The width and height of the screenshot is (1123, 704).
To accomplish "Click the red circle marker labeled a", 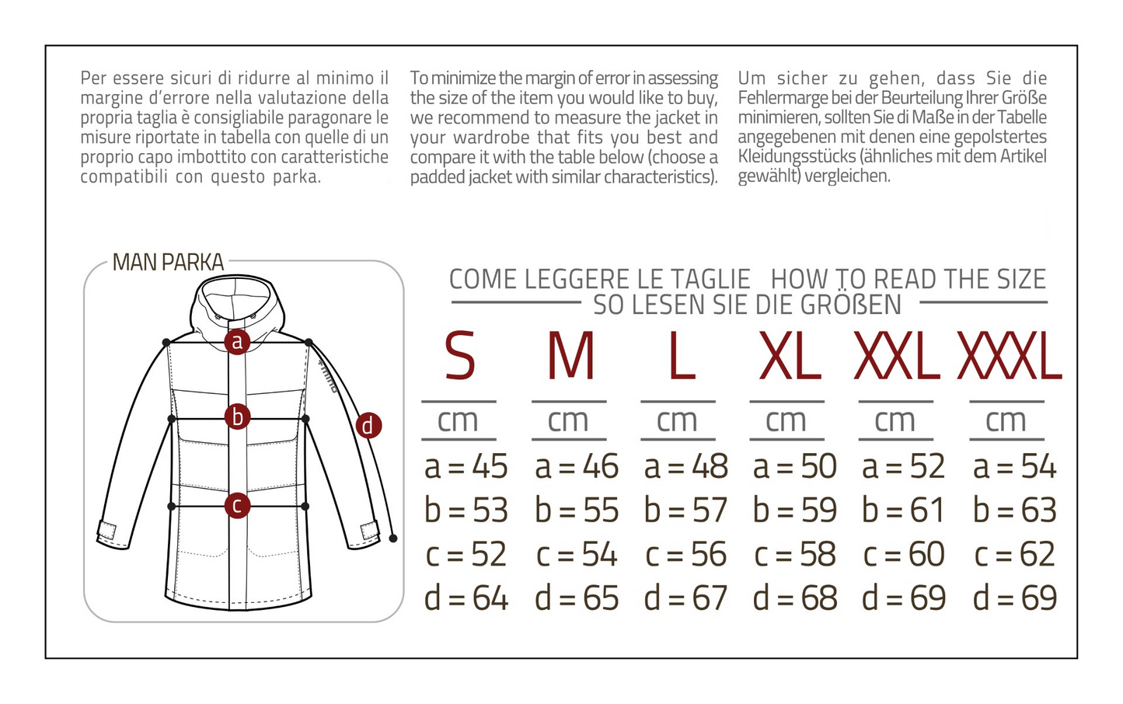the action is [237, 342].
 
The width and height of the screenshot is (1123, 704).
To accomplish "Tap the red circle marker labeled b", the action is [237, 417].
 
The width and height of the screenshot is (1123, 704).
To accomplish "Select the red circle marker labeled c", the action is [237, 505].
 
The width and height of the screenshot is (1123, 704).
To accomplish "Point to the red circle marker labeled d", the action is [368, 426].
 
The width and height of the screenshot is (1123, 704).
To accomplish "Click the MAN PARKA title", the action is [168, 262].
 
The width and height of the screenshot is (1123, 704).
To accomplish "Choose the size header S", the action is [459, 356].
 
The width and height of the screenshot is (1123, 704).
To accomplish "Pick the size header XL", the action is [790, 356].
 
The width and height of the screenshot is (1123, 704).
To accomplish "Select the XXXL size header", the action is [1009, 356].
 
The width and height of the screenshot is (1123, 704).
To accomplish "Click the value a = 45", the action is [466, 466].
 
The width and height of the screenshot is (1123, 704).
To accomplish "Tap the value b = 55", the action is [577, 511].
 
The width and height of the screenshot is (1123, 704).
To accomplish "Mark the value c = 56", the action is [685, 554].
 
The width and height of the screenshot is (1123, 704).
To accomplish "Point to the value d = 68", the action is [794, 598].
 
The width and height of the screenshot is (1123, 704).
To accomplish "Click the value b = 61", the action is [903, 511].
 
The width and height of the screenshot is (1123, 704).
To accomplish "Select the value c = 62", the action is [1015, 554].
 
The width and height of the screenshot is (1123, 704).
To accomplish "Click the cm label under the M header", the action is [567, 420].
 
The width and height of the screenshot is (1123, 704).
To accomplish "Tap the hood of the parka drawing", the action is [237, 307].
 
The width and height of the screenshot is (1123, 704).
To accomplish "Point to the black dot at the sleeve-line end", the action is [393, 538].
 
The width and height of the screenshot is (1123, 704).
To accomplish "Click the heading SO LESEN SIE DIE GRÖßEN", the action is [747, 305].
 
